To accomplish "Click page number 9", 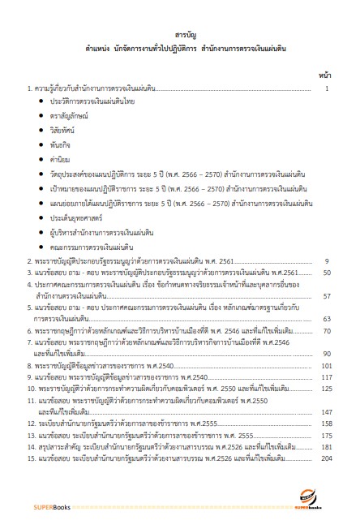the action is pos(326,261).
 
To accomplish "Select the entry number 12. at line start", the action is pos(30,424).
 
